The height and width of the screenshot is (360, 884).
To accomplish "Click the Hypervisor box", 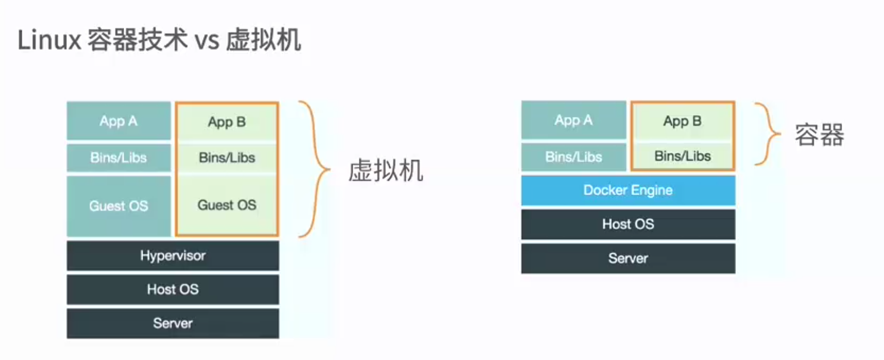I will pyautogui.click(x=173, y=255).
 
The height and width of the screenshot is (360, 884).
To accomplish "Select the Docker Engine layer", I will pyautogui.click(x=628, y=190).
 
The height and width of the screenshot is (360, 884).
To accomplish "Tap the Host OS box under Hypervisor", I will pyautogui.click(x=173, y=289).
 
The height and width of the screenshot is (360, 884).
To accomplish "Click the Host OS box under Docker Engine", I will pyautogui.click(x=628, y=224).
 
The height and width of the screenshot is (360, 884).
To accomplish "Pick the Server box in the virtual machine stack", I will pyautogui.click(x=173, y=323).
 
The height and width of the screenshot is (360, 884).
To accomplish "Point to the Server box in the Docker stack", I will pyautogui.click(x=628, y=258).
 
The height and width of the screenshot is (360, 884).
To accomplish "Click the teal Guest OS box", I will pyautogui.click(x=119, y=206).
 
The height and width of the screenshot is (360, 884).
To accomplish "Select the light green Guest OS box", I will pyautogui.click(x=226, y=205).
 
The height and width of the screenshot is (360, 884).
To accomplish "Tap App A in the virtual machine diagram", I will pyautogui.click(x=119, y=121).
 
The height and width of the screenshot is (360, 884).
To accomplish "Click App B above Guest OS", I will pyautogui.click(x=226, y=122).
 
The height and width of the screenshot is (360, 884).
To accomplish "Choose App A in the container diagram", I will pyautogui.click(x=574, y=120).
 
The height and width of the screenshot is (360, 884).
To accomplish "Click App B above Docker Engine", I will pyautogui.click(x=682, y=121).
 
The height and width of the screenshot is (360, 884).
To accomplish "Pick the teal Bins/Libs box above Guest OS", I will pyautogui.click(x=119, y=157).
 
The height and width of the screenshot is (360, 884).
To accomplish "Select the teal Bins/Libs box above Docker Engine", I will pyautogui.click(x=574, y=157).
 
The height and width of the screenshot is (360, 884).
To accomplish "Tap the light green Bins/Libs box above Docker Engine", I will pyautogui.click(x=682, y=156).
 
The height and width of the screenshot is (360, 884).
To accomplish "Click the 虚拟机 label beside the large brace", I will pyautogui.click(x=385, y=170).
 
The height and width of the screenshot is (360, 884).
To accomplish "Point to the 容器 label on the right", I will pyautogui.click(x=819, y=135).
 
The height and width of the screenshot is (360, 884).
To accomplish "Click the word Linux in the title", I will pyautogui.click(x=49, y=40).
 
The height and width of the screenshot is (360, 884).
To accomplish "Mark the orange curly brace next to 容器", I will pyautogui.click(x=768, y=133).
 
